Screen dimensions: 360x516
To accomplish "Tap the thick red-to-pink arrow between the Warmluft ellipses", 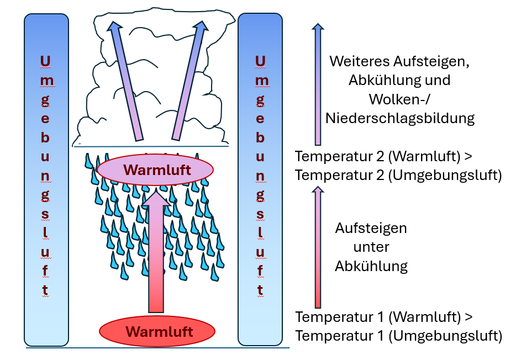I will pos(156,254).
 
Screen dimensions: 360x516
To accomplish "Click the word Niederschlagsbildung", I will pos(400,118).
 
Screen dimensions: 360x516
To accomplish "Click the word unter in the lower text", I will pos(371,247).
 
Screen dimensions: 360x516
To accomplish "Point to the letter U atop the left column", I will pos(46,60).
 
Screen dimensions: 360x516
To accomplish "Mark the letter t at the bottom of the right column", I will pos(260,289).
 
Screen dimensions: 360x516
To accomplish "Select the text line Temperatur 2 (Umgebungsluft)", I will pos(398,176).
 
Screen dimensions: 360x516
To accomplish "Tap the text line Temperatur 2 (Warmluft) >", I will pos(383,157).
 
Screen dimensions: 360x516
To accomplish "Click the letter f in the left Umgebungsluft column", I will pos(46,270).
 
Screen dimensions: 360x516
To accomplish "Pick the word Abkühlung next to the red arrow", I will pos(371,266).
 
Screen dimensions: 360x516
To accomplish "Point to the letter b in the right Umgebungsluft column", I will pos(260,137).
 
